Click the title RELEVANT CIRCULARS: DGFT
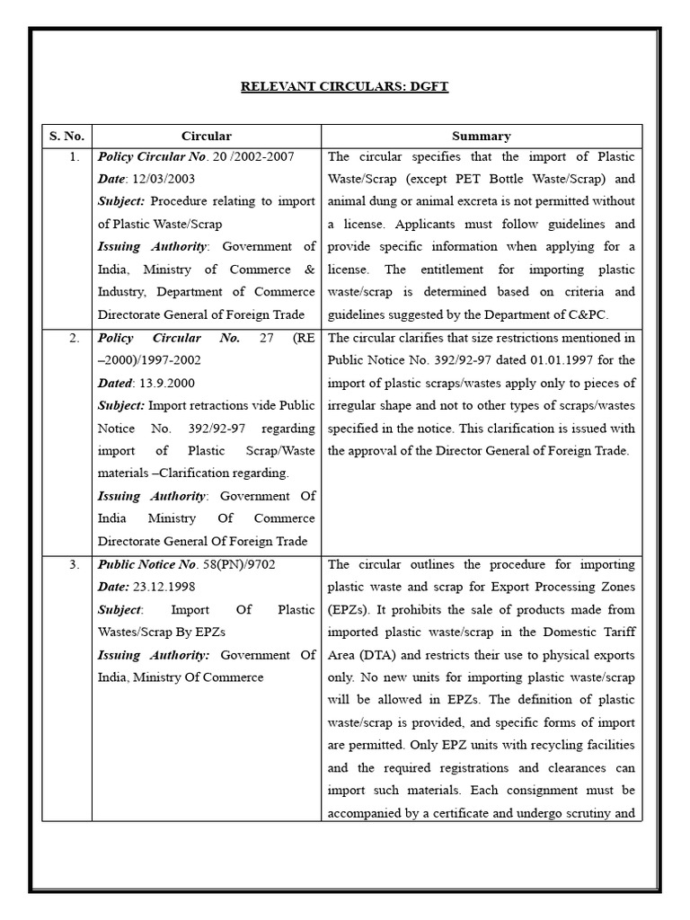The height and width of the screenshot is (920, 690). click(344, 86)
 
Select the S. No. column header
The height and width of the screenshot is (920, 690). click(66, 136)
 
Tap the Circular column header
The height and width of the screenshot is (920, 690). click(206, 136)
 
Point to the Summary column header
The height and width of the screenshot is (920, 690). click(482, 136)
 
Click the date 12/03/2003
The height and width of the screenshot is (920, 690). click(167, 179)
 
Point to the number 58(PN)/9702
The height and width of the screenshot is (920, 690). click(236, 564)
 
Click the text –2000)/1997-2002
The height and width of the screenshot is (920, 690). click(148, 359)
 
